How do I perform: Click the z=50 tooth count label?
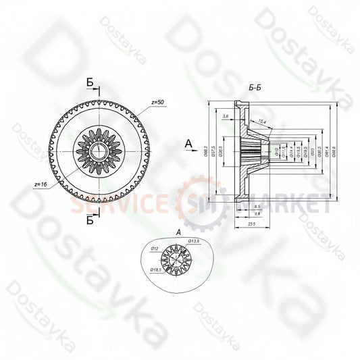(x=158, y=103)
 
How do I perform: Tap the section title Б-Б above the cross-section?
(x=256, y=88)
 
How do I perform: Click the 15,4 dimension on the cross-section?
(x=262, y=121)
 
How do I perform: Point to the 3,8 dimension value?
(x=224, y=116)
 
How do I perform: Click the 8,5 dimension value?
(x=259, y=206)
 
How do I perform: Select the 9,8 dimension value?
(x=257, y=213)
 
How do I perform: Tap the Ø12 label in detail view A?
(x=154, y=249)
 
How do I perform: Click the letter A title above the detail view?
(x=177, y=232)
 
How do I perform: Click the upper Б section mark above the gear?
(x=90, y=83)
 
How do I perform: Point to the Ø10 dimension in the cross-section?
(x=276, y=151)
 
